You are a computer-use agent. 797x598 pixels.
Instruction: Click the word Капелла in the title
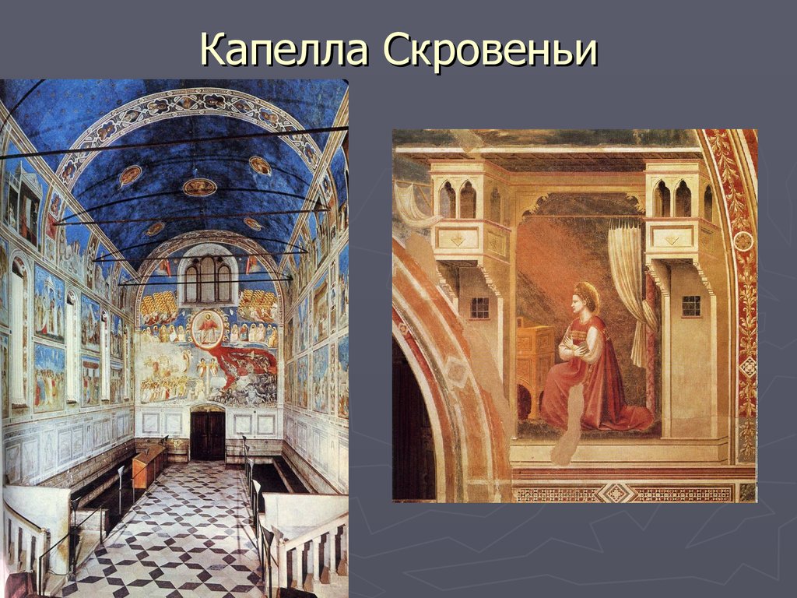point(285,51)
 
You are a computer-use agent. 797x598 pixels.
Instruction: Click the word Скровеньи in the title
point(490,51)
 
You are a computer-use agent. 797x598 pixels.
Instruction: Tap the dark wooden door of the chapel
point(207,433)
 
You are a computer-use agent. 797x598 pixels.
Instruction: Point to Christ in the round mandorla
point(207,327)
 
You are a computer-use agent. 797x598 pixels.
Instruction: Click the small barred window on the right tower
point(690,305)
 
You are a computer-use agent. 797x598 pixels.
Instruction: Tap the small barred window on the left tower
point(479,308)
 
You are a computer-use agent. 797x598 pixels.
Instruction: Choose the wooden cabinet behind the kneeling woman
point(535,358)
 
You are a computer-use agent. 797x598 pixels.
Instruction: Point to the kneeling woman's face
point(578,305)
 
